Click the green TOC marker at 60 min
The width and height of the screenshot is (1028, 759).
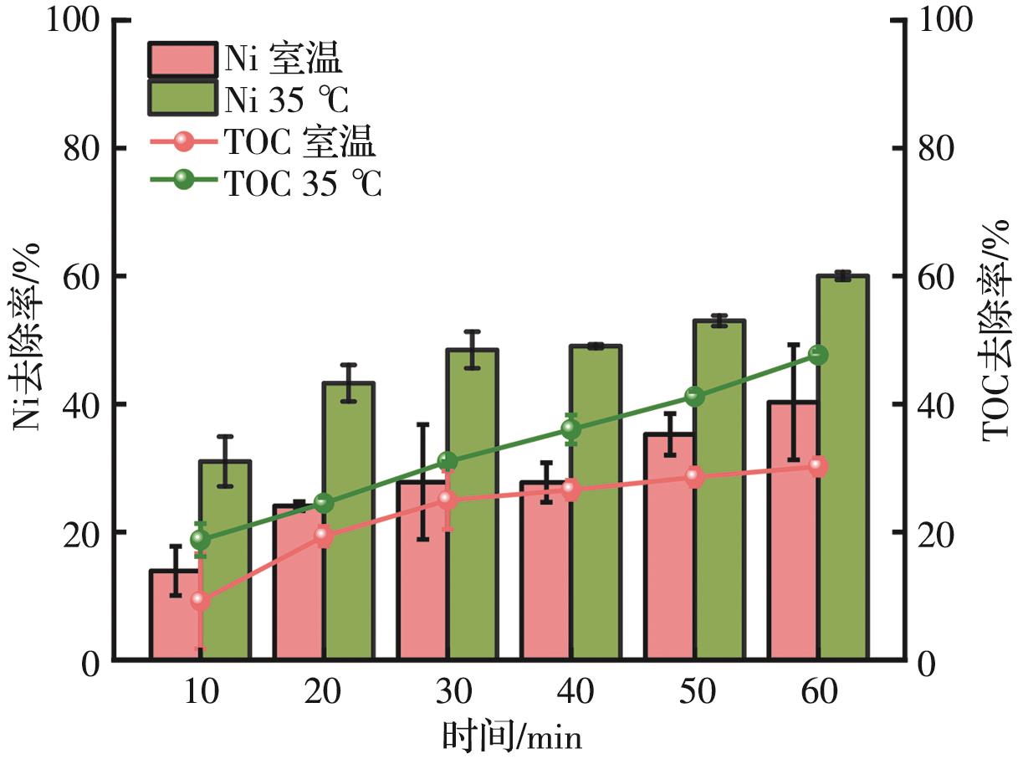(x=818, y=355)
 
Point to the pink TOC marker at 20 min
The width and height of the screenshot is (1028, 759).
(x=325, y=536)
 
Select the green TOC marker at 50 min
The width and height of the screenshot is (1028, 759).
(x=694, y=397)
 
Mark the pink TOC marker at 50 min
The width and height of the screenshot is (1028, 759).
(x=694, y=477)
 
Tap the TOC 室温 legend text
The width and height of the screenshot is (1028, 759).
(x=299, y=143)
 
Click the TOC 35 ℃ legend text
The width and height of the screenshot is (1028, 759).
(x=304, y=183)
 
